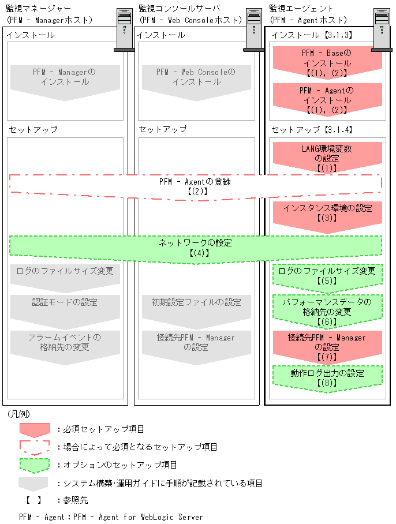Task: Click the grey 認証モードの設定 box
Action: [x=65, y=304]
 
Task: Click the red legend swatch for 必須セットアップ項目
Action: [x=34, y=429]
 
